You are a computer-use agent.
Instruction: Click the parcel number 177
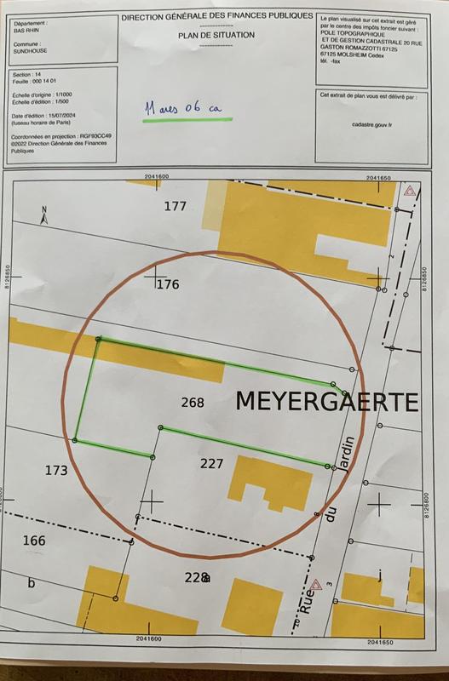[x=175, y=206]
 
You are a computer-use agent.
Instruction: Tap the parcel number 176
[x=168, y=284]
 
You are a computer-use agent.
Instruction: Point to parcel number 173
[x=56, y=470]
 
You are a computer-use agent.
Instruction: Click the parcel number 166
[x=34, y=541]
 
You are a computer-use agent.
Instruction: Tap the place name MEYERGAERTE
[x=326, y=402]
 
